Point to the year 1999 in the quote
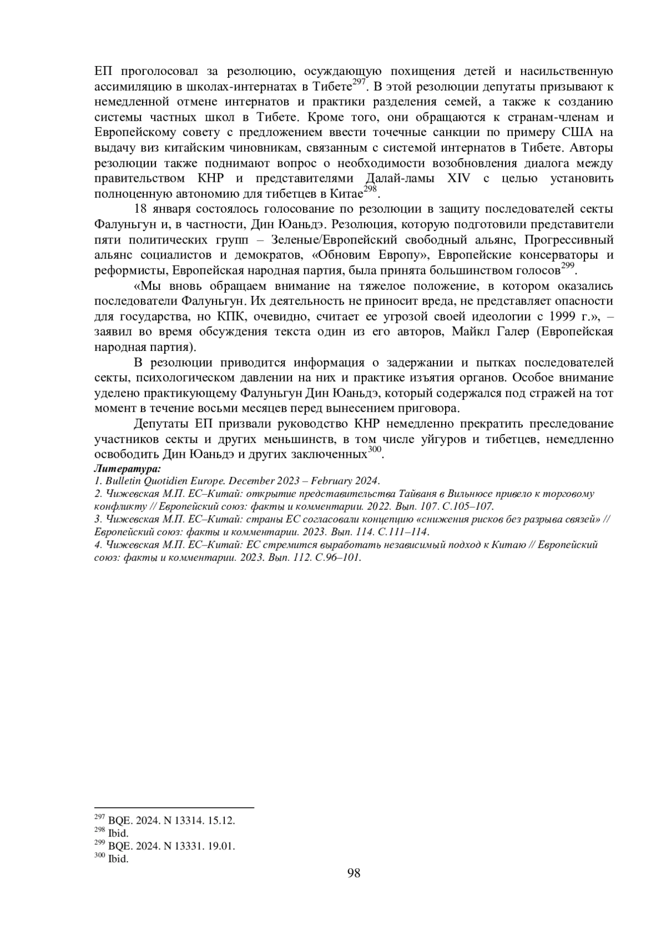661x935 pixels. click(x=565, y=317)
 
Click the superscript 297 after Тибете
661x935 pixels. click(x=359, y=82)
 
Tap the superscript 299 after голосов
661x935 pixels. click(x=567, y=266)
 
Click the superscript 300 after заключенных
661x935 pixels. click(x=375, y=451)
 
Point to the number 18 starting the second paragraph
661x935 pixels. click(x=140, y=210)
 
